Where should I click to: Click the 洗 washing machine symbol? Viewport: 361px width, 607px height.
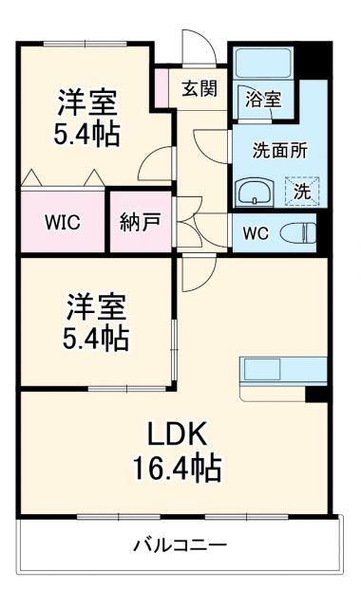pyautogui.click(x=299, y=190)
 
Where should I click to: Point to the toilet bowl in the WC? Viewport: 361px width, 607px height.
pyautogui.click(x=300, y=230)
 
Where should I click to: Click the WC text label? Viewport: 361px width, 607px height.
pyautogui.click(x=256, y=231)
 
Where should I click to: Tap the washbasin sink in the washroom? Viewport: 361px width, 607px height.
pyautogui.click(x=254, y=193)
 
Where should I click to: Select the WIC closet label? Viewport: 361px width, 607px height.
pyautogui.click(x=63, y=223)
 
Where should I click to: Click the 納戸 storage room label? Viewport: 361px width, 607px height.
pyautogui.click(x=140, y=223)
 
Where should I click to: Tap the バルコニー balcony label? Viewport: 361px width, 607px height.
pyautogui.click(x=180, y=545)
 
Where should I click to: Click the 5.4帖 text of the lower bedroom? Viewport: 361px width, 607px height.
pyautogui.click(x=97, y=337)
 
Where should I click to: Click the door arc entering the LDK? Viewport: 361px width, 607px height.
pyautogui.click(x=196, y=275)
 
